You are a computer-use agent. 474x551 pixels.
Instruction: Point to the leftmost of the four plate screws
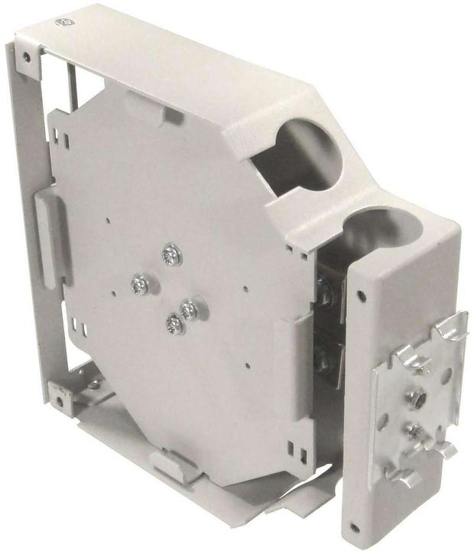140,285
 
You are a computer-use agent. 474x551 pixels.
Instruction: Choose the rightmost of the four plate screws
188,310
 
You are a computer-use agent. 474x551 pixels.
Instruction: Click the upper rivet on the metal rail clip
417,397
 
